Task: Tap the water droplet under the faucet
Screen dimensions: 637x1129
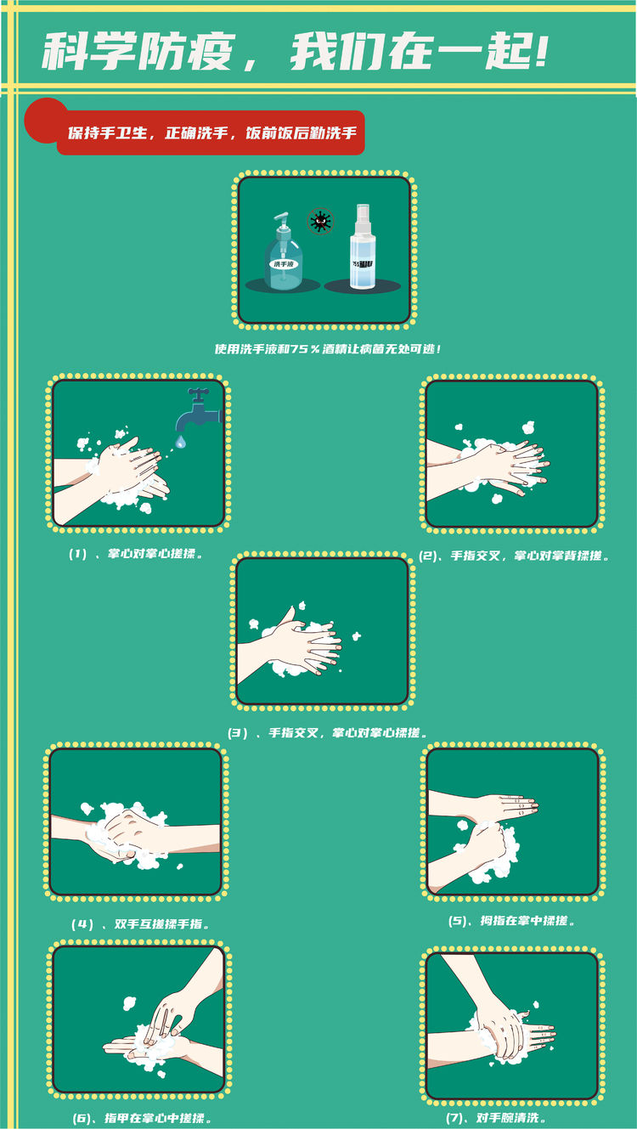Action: [180, 442]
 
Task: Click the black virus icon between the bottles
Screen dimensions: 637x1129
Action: [320, 221]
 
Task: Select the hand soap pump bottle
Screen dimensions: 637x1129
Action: [284, 251]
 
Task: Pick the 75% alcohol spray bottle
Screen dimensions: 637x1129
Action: [363, 246]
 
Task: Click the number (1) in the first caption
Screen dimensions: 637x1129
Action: [78, 554]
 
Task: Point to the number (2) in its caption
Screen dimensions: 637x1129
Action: [428, 556]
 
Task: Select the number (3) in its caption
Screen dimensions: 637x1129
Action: [237, 733]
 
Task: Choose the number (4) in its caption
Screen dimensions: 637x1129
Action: [82, 924]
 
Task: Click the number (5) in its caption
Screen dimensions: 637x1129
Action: [457, 921]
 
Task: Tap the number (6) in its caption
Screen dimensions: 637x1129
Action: [82, 1119]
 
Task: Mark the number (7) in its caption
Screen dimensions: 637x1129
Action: [455, 1118]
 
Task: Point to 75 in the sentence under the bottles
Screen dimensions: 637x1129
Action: [299, 349]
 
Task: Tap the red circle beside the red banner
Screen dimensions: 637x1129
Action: [44, 120]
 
